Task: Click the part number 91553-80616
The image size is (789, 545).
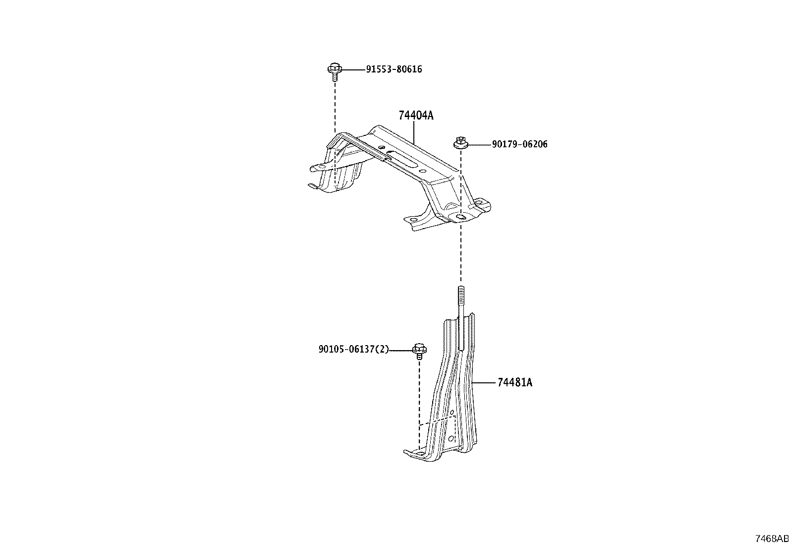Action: (394, 69)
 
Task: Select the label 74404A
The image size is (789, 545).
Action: (416, 115)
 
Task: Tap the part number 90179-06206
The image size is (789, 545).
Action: (519, 144)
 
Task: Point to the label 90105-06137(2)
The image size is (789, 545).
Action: (354, 349)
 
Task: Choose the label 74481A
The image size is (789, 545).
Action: (515, 382)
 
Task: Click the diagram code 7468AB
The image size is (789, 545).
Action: (772, 539)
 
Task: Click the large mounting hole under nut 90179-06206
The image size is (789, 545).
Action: (461, 218)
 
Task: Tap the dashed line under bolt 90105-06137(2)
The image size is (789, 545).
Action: (419, 405)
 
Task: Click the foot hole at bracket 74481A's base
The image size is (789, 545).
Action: (419, 453)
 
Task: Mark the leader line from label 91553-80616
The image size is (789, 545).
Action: (354, 70)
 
